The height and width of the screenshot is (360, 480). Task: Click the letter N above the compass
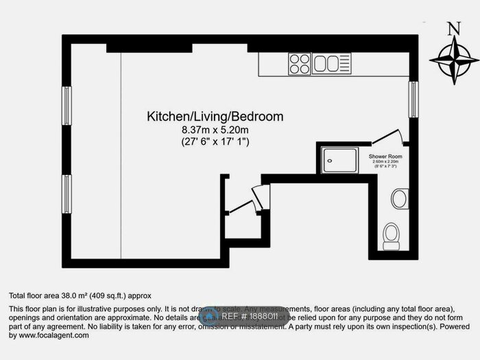click(x=453, y=29)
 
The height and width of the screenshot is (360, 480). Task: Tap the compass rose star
click(x=453, y=61)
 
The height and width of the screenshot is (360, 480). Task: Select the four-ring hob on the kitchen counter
click(x=300, y=64)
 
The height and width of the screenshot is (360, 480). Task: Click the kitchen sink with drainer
click(x=331, y=64)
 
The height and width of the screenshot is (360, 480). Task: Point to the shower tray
click(x=341, y=159)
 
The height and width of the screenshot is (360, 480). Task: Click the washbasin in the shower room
click(x=399, y=199)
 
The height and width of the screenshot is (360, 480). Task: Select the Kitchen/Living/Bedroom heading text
click(x=215, y=117)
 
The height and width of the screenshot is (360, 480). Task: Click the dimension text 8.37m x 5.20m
click(x=215, y=130)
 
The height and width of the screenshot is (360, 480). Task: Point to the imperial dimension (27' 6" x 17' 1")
click(x=215, y=142)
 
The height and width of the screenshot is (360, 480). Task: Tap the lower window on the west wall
click(x=67, y=194)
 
